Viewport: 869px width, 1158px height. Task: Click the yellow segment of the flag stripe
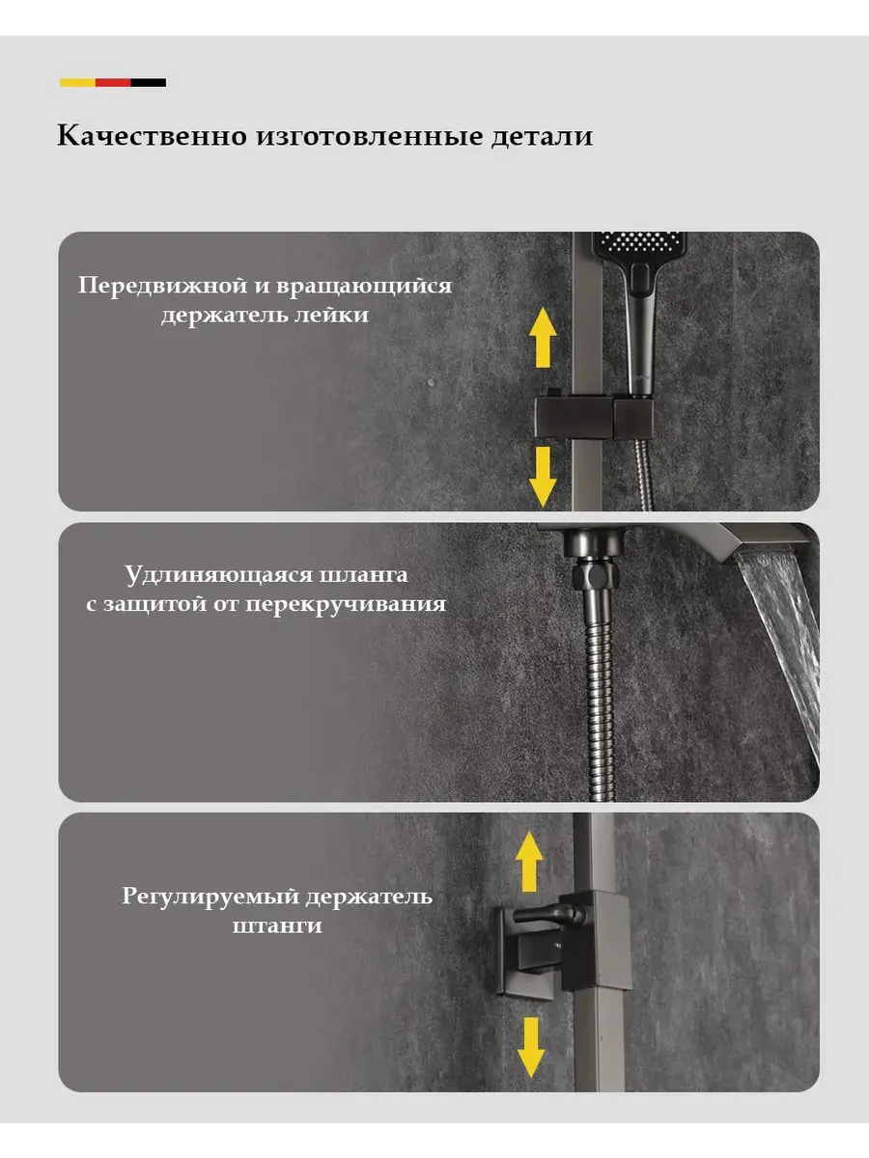(x=77, y=82)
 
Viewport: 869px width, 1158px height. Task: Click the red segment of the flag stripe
(x=113, y=82)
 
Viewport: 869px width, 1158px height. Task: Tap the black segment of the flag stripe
(x=149, y=82)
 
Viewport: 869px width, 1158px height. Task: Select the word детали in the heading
(x=543, y=136)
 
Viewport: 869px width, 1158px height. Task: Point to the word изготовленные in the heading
(x=370, y=137)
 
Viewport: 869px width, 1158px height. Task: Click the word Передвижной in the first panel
(x=163, y=286)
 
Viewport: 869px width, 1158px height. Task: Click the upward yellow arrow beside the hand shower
(x=543, y=338)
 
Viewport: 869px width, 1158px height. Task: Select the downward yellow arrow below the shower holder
(x=543, y=477)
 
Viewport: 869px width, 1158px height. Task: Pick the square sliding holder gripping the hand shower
(x=594, y=417)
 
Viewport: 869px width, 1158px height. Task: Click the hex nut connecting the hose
(x=595, y=575)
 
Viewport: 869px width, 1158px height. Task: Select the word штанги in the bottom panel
(x=277, y=925)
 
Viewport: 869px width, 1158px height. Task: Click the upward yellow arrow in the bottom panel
(x=529, y=862)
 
